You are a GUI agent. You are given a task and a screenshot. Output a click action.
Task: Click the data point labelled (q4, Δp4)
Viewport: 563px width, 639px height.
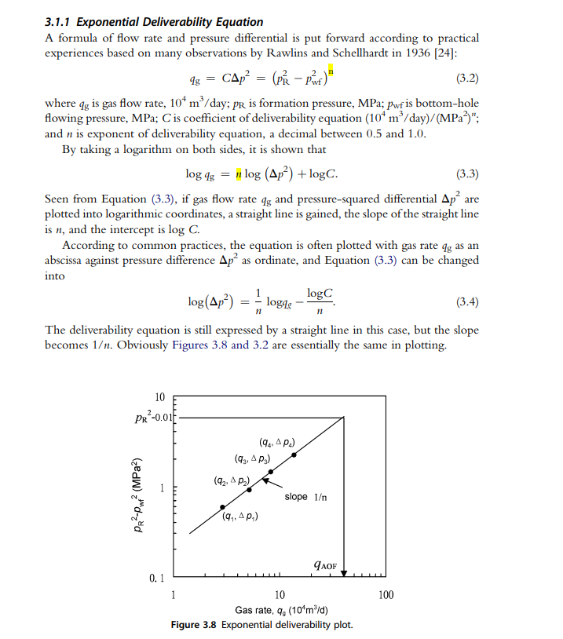point(294,455)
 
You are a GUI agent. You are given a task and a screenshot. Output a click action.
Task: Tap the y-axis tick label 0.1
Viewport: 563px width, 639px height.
point(157,579)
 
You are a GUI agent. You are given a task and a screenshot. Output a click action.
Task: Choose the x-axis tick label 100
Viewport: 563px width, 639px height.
point(386,595)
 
